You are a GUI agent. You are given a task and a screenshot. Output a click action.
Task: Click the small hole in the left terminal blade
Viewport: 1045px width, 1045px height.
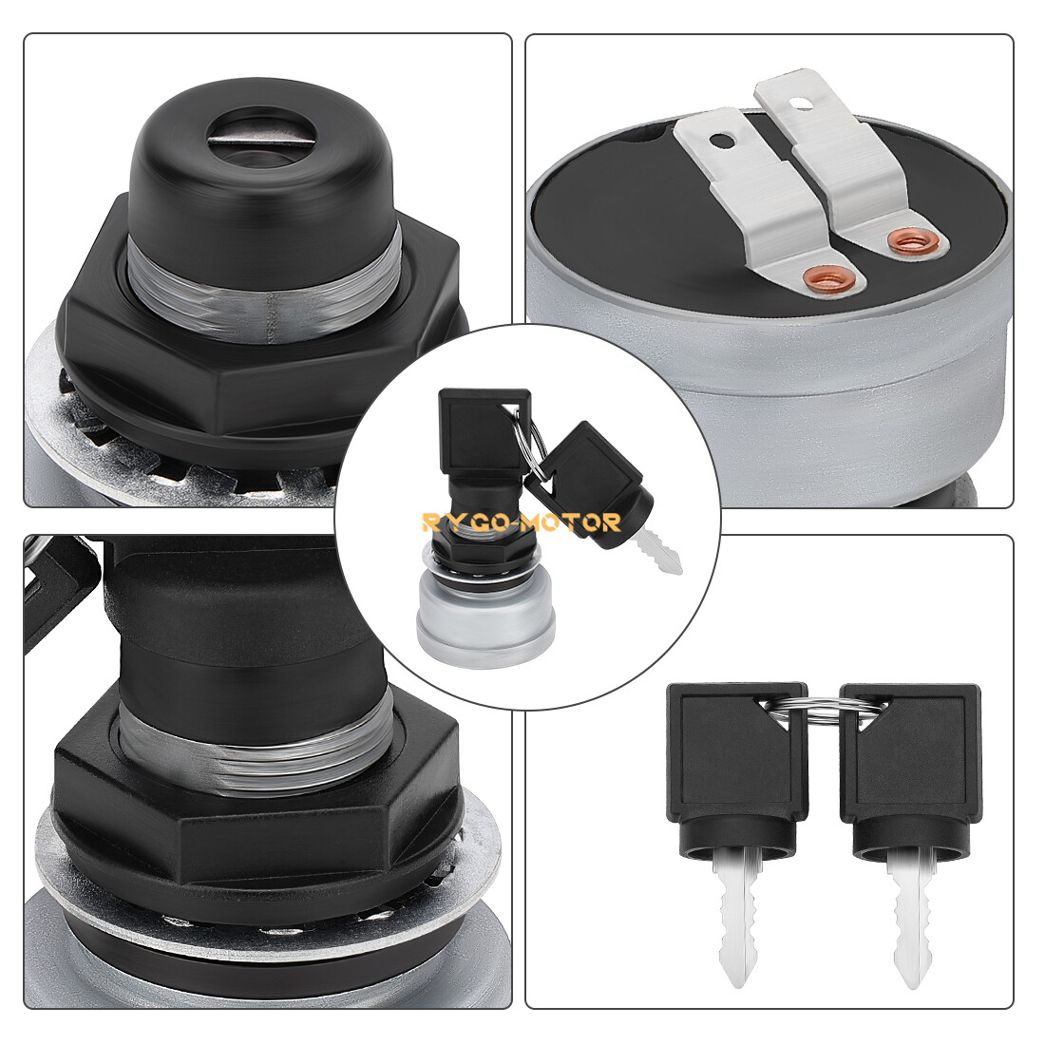pyautogui.click(x=720, y=142)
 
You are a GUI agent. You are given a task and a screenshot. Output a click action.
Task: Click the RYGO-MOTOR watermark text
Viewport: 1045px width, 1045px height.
pyautogui.click(x=522, y=522)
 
